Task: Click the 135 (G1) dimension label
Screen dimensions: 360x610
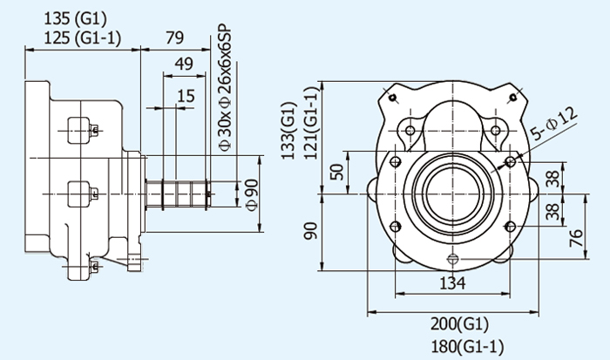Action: point(78,17)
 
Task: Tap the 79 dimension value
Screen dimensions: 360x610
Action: point(175,37)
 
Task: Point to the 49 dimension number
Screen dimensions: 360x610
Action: point(183,64)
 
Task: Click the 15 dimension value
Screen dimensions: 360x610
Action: point(185,95)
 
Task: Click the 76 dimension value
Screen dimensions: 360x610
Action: point(577,237)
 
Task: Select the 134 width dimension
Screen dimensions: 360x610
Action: point(451,283)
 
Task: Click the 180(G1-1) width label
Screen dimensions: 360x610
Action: point(467,346)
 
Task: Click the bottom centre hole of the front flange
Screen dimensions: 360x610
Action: point(451,258)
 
